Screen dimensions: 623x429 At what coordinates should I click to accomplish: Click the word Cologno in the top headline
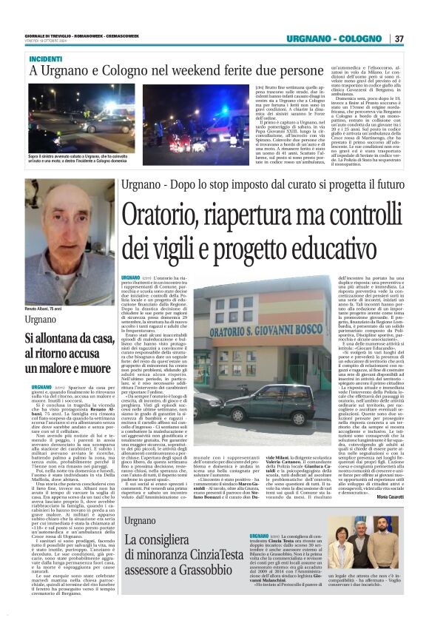pos(121,71)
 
